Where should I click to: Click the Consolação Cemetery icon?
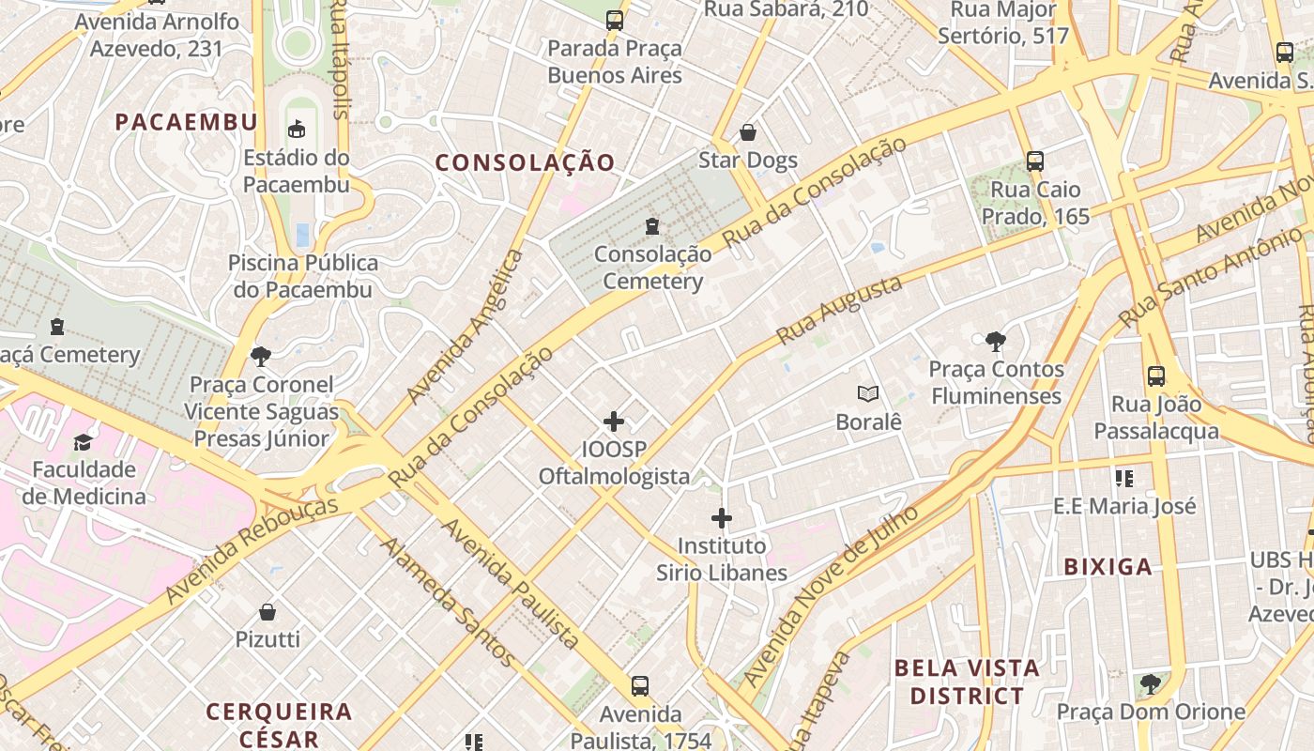click(x=652, y=225)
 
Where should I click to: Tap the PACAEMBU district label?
click(x=186, y=121)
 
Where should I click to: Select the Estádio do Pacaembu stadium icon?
click(x=297, y=129)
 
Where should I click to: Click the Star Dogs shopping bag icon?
click(x=748, y=132)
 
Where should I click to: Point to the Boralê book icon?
click(x=868, y=394)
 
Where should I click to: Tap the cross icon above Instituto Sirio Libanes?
click(x=721, y=517)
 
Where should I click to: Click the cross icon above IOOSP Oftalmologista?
click(x=614, y=421)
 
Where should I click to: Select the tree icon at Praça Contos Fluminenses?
click(x=996, y=342)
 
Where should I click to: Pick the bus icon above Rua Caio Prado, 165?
click(x=1035, y=161)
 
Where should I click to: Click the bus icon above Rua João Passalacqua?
click(x=1156, y=376)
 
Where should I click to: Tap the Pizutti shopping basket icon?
click(x=267, y=612)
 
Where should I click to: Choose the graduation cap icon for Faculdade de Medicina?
click(x=84, y=441)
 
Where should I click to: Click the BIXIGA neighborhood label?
click(x=1108, y=566)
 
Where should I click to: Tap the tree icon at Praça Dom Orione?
click(x=1151, y=683)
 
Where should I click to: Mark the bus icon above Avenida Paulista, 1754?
click(x=640, y=686)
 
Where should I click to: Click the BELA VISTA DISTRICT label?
click(x=967, y=682)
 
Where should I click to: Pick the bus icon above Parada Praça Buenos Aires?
click(x=615, y=20)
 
